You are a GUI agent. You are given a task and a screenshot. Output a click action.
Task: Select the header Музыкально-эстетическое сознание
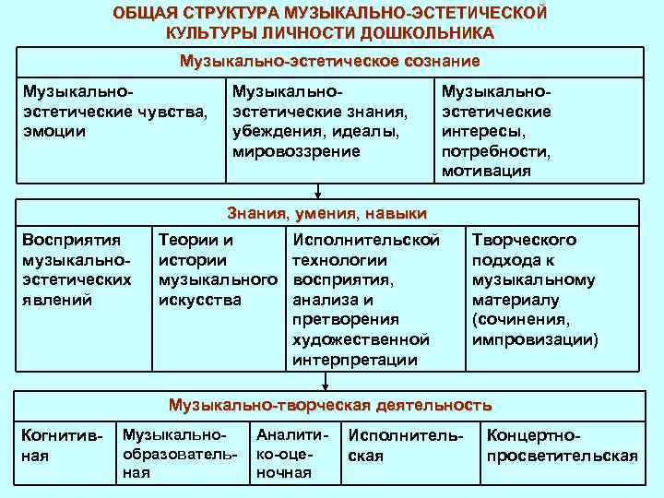coord(330,62)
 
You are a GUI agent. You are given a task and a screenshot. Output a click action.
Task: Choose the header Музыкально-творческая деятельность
coord(329,405)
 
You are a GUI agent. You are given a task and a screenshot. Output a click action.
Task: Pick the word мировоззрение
coord(297,150)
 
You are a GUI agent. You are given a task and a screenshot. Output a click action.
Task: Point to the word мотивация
coord(486,171)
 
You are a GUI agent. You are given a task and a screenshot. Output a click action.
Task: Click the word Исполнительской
coord(365,240)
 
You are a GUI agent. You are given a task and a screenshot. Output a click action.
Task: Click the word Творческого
coord(524,240)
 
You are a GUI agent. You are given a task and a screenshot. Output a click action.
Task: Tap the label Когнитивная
coord(63,445)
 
